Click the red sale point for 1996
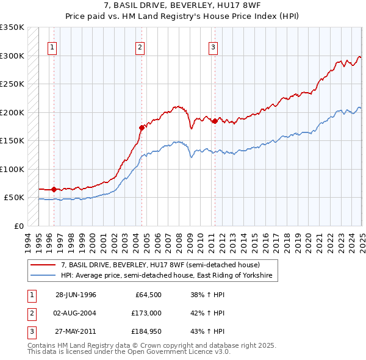point(54,189)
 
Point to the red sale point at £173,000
point(142,128)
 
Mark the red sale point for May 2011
point(215,121)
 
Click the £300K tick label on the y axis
point(12,56)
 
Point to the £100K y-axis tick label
point(12,169)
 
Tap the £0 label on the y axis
point(18,226)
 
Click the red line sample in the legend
point(43,265)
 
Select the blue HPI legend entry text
point(168,276)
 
